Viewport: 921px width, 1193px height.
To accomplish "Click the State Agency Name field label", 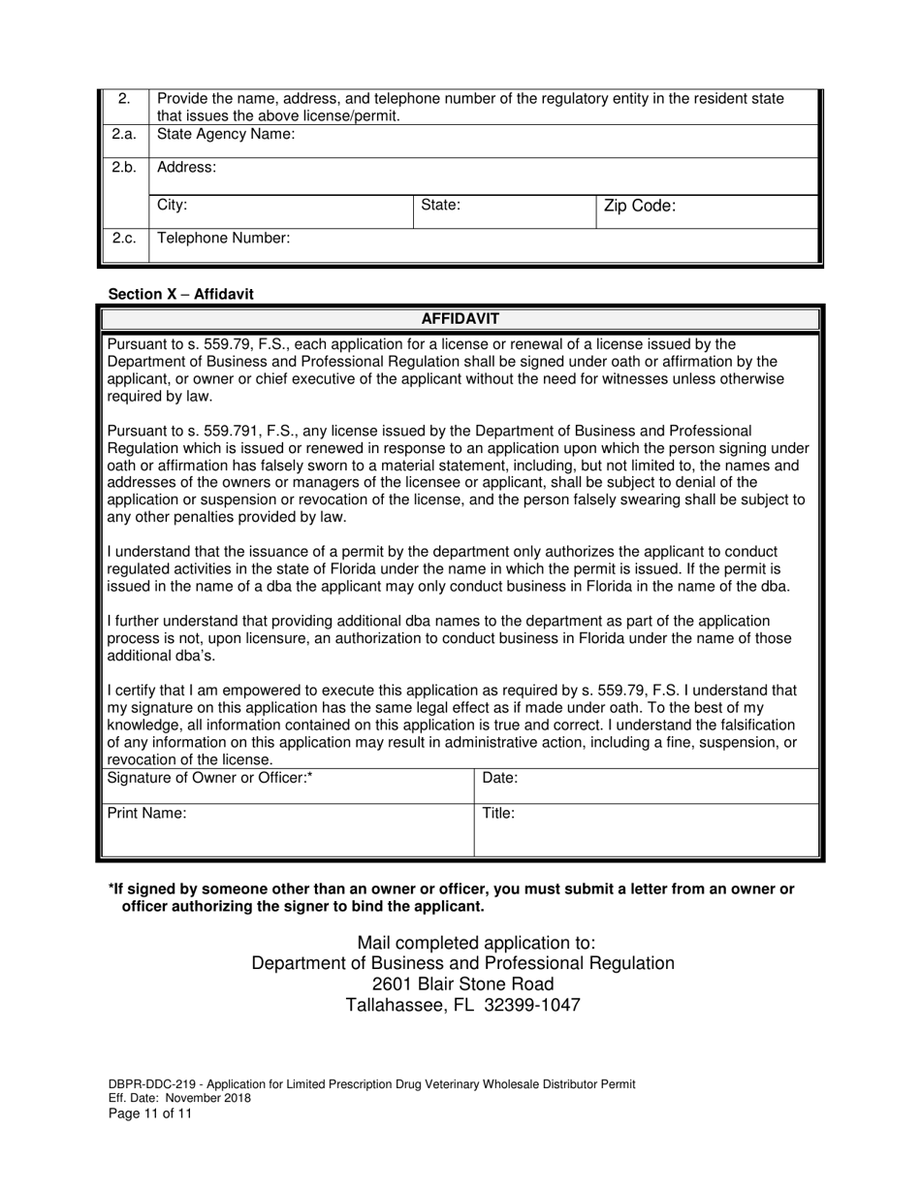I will coord(225,135).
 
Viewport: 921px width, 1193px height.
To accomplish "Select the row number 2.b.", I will coord(123,167).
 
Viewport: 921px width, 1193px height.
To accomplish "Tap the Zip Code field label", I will coord(639,206).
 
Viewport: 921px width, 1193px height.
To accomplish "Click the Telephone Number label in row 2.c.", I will coord(223,238).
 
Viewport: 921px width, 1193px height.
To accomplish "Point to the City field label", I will coord(172,206).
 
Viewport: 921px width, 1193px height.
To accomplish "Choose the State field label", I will coord(440,206).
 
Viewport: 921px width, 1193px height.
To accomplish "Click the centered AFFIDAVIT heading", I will coord(460,318).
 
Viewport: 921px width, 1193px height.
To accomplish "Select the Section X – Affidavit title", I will coord(181,294).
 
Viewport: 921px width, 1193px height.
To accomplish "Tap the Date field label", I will coord(499,778).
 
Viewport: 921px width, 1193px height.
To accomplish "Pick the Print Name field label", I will coord(146,814).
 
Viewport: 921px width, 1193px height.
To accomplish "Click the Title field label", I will coord(498,814).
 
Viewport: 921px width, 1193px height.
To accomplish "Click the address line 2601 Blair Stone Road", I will coord(463,984).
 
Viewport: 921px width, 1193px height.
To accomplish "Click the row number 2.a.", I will coord(123,135).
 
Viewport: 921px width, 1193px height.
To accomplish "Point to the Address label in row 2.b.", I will coord(186,167).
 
